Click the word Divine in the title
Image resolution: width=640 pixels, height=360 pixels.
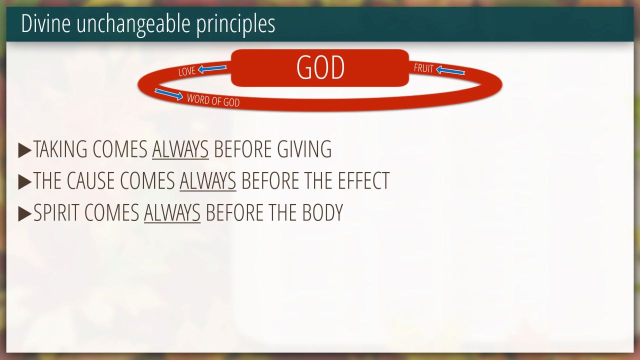tap(45, 23)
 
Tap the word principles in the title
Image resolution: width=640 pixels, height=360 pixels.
tap(235, 25)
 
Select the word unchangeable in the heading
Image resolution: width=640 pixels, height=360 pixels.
tap(133, 25)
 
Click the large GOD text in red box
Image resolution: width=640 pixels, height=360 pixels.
tap(320, 67)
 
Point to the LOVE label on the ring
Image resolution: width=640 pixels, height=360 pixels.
tap(187, 71)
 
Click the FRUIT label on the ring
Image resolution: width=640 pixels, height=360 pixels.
tap(423, 68)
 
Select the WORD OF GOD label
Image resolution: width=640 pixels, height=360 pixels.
tap(213, 100)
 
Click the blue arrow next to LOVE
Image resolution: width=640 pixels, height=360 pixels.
tap(212, 69)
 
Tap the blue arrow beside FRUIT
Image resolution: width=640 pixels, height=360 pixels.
tap(450, 70)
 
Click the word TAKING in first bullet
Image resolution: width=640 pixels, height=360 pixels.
tap(60, 149)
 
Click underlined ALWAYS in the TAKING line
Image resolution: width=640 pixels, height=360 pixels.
tap(180, 149)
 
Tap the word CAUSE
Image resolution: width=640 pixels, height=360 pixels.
tap(91, 180)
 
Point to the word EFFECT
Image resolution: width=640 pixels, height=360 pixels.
tap(363, 180)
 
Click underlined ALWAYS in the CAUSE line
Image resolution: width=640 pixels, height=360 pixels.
tap(208, 181)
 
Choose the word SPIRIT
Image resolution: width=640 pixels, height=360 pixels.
tap(56, 212)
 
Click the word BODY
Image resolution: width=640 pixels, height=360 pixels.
tap(322, 212)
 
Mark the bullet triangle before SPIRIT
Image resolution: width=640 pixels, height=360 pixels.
tap(24, 213)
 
